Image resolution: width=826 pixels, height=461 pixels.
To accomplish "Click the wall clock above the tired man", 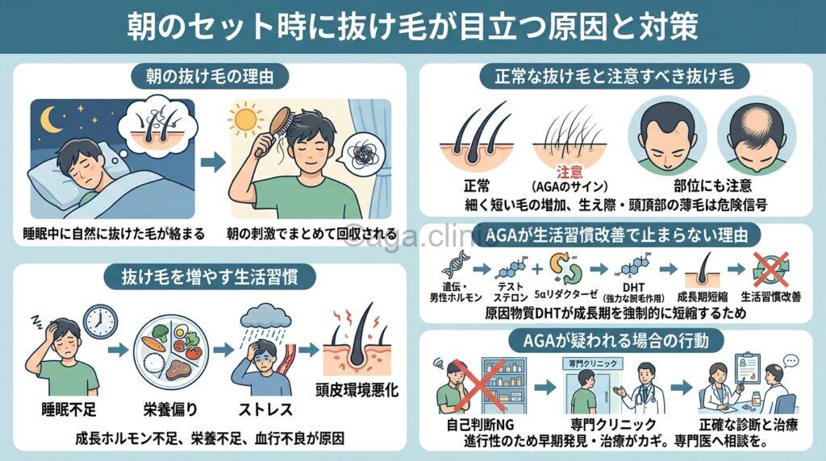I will (x=99, y=321).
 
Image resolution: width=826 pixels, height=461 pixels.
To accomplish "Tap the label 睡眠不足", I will (x=69, y=409).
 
